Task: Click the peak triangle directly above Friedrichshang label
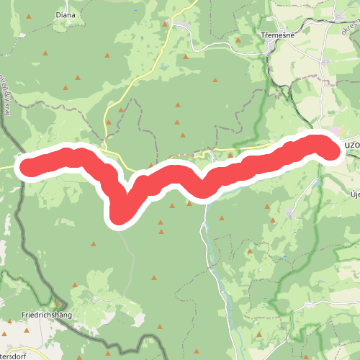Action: [58, 303]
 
